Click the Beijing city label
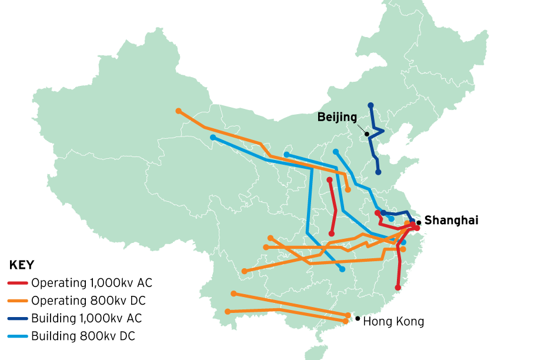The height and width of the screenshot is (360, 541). (337, 117)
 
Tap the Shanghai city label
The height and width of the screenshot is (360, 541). (451, 221)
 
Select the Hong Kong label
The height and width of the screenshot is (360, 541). (393, 322)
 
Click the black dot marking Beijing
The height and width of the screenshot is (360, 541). (367, 134)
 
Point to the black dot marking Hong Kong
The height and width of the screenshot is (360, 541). (358, 318)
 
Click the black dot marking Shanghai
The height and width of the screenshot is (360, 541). (419, 223)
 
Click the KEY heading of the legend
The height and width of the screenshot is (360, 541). (22, 265)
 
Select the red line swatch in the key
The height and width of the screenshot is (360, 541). (18, 284)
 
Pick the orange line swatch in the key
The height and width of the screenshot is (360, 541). (18, 301)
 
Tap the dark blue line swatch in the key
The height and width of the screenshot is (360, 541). (18, 319)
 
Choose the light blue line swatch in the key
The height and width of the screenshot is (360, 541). (18, 336)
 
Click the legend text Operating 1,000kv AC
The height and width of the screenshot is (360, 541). (92, 283)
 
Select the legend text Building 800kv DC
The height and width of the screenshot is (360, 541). (83, 336)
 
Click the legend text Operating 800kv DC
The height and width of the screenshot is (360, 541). (88, 301)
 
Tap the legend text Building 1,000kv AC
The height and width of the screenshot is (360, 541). (86, 319)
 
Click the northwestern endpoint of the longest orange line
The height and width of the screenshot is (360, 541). (178, 111)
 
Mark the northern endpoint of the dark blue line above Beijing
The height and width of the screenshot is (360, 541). (370, 105)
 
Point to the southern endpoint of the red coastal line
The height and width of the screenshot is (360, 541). (398, 288)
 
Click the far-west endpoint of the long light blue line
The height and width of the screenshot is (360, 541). (213, 138)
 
